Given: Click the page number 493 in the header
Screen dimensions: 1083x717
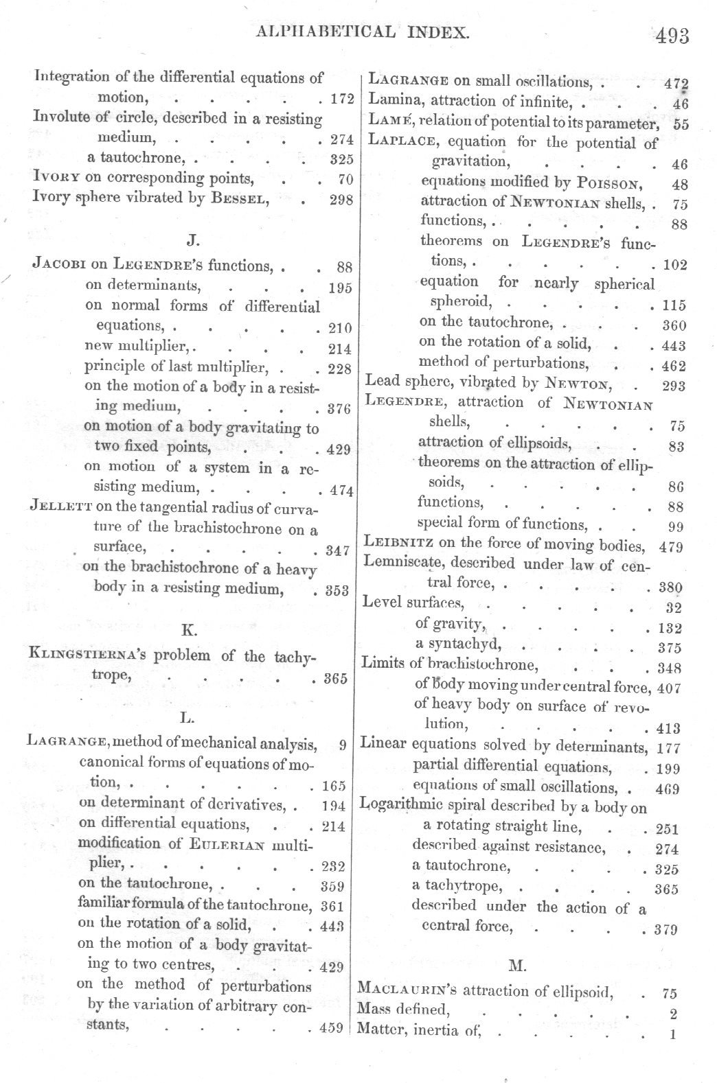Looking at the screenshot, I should [672, 35].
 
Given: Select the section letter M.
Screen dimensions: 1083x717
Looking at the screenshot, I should [517, 966].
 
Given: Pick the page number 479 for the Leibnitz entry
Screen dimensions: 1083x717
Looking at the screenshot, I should [670, 548].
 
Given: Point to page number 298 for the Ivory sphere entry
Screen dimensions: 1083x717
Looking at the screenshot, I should [341, 200].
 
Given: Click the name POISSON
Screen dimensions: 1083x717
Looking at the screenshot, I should [609, 184].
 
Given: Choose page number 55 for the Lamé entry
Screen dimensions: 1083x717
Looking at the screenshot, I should [681, 125].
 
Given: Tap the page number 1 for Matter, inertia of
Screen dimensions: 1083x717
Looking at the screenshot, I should [672, 1034].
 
